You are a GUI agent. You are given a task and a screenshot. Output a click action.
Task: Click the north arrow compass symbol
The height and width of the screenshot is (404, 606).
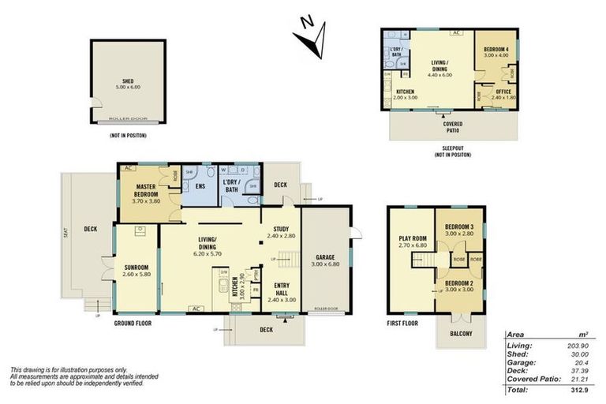coord(315,38)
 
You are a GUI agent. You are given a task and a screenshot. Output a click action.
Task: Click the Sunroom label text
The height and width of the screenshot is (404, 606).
coord(137,267)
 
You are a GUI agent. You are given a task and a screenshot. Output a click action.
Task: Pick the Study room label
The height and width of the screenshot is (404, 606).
coord(280,230)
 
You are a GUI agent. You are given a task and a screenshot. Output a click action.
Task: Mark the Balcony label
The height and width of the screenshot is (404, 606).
coord(460,334)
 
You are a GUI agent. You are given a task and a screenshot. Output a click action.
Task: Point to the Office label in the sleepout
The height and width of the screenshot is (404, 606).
coord(503,92)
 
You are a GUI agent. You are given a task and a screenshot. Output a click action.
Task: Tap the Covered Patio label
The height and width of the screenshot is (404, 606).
coord(452,126)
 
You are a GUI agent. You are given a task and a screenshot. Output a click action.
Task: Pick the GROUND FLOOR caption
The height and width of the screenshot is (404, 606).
coord(133,323)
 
